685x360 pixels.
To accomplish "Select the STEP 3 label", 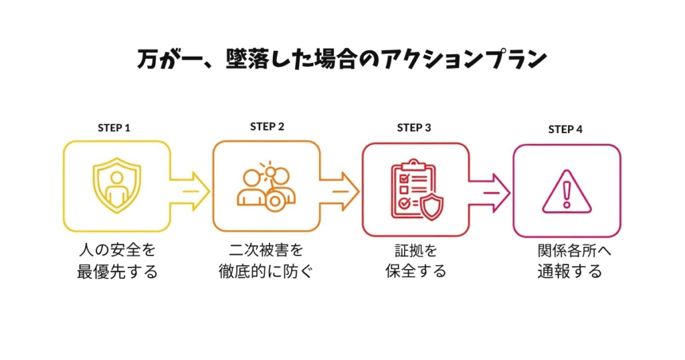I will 414,127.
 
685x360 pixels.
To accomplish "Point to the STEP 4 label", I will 565,129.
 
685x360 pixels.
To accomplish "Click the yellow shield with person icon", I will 117,187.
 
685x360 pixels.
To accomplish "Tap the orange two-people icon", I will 266,187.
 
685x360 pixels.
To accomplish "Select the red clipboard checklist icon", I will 415,190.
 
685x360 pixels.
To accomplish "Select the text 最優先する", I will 116,272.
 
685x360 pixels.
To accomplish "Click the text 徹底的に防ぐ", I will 266,272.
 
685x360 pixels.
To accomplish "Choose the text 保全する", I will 415,272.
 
